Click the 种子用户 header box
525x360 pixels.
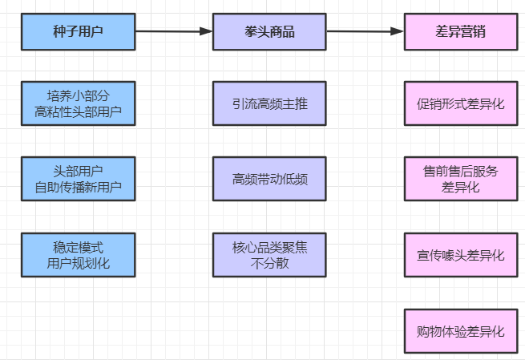click(78, 31)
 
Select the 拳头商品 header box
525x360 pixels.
click(269, 31)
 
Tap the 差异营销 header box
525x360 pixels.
click(460, 31)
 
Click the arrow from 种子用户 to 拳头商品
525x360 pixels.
click(173, 31)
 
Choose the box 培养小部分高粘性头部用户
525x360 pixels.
click(78, 103)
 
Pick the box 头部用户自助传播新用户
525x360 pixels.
click(78, 179)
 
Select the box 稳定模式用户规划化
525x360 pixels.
click(78, 254)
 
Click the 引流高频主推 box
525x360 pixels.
click(269, 103)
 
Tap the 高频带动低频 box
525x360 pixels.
click(269, 179)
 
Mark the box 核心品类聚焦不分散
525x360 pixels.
click(269, 254)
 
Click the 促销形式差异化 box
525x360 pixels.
click(460, 103)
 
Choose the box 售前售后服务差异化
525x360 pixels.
click(460, 179)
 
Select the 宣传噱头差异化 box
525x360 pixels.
click(460, 254)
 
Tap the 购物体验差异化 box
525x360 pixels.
click(460, 330)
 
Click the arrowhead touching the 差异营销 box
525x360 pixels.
click(397, 31)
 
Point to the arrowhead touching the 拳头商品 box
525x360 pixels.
click(206, 31)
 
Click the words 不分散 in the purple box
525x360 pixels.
click(269, 262)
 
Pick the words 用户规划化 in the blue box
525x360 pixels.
click(78, 262)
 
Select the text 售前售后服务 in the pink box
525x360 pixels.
click(460, 171)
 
